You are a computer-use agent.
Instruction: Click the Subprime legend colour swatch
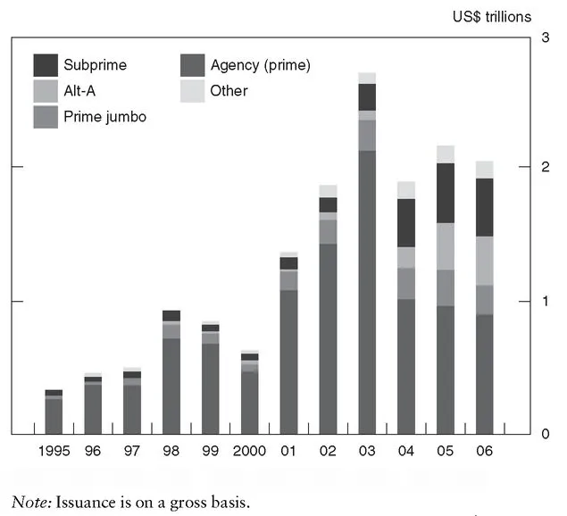point(46,65)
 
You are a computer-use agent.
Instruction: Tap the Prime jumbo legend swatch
point(46,117)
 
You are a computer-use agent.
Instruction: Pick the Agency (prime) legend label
point(260,65)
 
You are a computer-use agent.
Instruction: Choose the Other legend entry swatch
point(193,91)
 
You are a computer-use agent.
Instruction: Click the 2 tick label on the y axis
point(545,167)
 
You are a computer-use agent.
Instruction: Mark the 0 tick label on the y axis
point(545,435)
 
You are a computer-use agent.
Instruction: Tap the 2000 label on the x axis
point(250,452)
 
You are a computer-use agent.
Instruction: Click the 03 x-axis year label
point(367,452)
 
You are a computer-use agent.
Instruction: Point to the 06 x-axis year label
point(485,452)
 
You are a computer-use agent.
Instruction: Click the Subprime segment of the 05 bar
point(446,193)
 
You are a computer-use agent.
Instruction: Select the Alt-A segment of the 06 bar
point(485,261)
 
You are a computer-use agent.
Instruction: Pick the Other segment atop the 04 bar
point(406,190)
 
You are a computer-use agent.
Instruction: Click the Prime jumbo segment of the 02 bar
point(328,231)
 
